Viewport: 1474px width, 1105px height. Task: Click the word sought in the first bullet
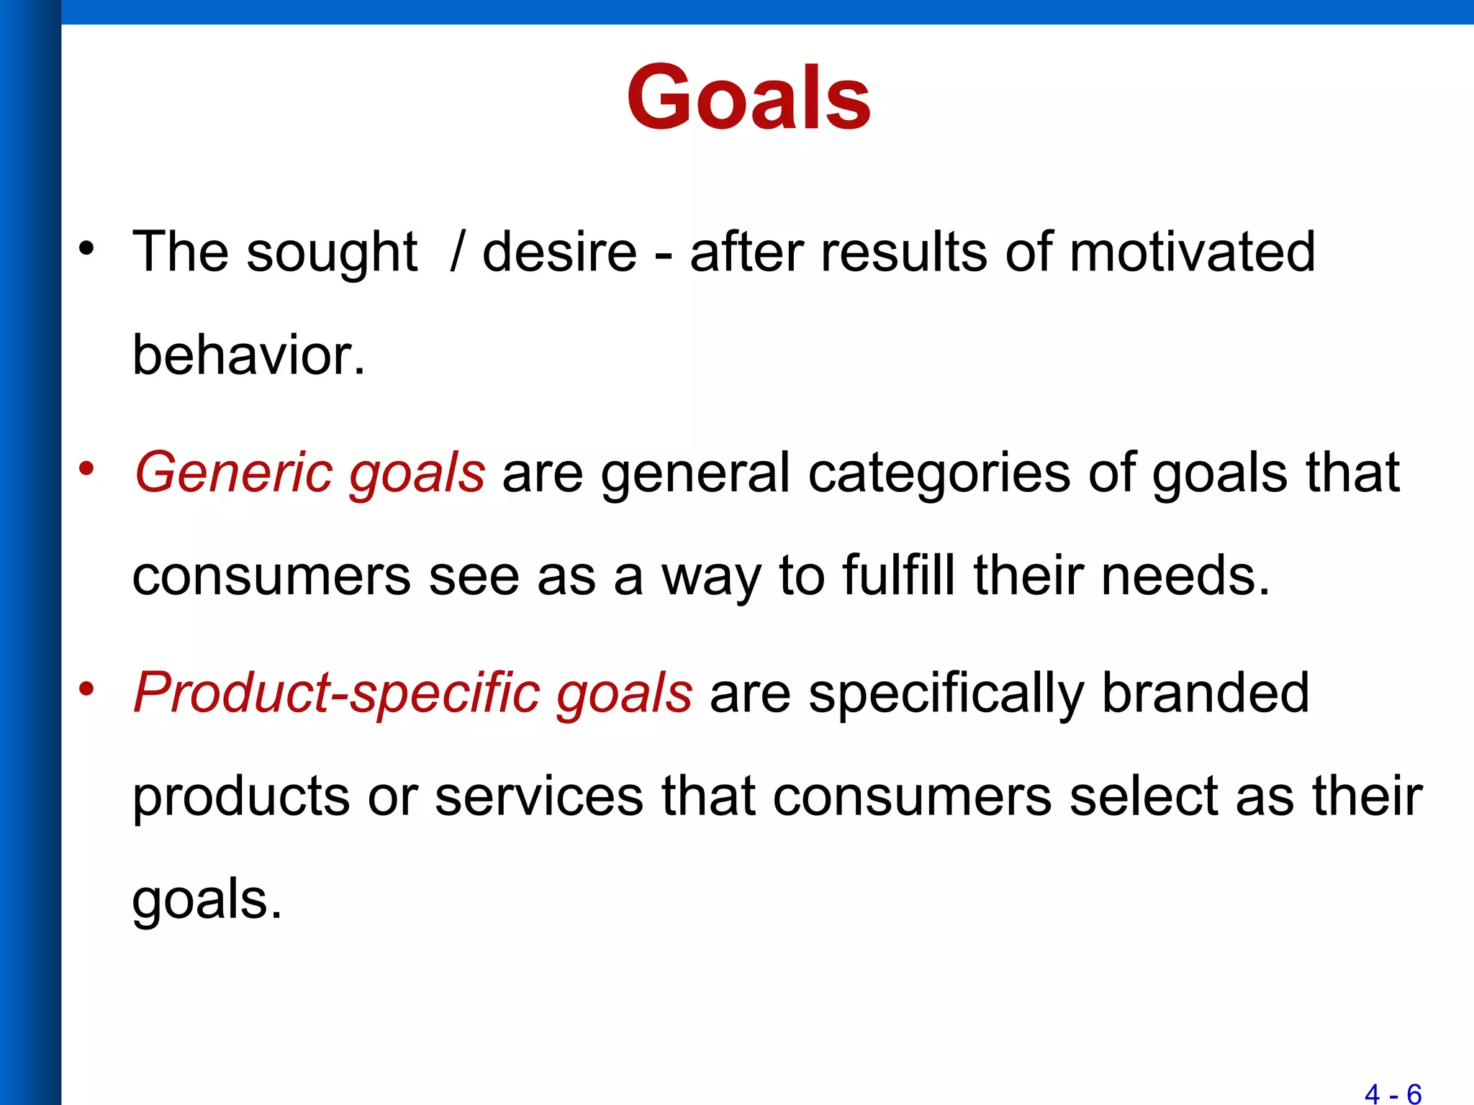coord(332,253)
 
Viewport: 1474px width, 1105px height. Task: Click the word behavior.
coord(248,355)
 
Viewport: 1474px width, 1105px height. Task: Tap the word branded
coord(1205,693)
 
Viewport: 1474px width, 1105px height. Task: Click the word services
coord(539,796)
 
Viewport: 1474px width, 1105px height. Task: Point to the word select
coord(1144,796)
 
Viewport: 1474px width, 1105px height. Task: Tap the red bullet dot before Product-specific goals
coord(87,689)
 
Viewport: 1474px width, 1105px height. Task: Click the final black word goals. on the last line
coord(207,901)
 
